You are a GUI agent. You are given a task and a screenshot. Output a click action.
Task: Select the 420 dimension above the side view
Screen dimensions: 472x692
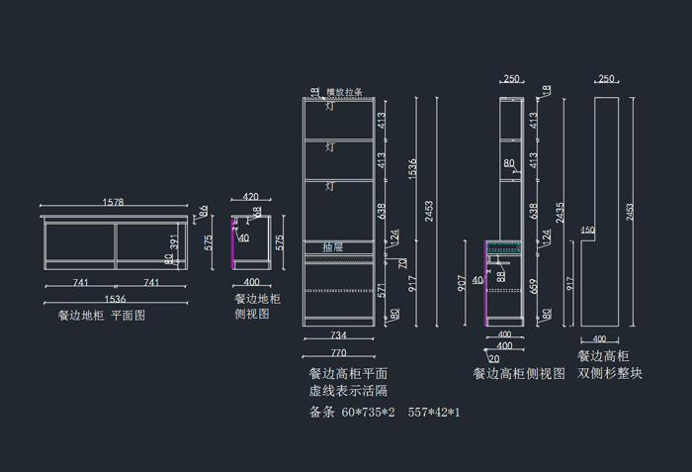250,197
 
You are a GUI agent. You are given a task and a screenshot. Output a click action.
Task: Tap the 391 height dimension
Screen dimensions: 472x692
175,243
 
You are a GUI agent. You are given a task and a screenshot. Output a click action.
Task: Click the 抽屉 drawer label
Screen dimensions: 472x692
332,246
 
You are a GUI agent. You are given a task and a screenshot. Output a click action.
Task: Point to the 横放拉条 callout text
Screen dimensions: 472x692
344,92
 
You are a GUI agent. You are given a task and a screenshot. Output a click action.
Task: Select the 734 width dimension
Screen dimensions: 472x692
338,336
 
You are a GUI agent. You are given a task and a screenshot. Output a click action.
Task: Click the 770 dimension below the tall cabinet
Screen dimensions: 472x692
338,352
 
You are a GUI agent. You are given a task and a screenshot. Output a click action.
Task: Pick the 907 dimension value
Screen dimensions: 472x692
461,283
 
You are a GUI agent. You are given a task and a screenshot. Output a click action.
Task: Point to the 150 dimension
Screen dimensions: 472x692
587,231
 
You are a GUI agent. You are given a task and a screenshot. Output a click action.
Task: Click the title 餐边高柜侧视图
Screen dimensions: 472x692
518,374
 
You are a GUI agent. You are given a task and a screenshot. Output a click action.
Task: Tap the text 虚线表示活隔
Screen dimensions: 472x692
348,391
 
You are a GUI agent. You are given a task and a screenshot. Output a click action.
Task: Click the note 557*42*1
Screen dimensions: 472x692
434,412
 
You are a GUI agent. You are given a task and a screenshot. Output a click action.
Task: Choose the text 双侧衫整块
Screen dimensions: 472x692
610,373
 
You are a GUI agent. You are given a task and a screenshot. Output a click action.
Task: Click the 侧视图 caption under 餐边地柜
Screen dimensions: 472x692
251,313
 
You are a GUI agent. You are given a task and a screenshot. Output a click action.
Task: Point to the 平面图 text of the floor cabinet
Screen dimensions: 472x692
129,316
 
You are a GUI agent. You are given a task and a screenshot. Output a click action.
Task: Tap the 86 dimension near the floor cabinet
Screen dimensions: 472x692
204,211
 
